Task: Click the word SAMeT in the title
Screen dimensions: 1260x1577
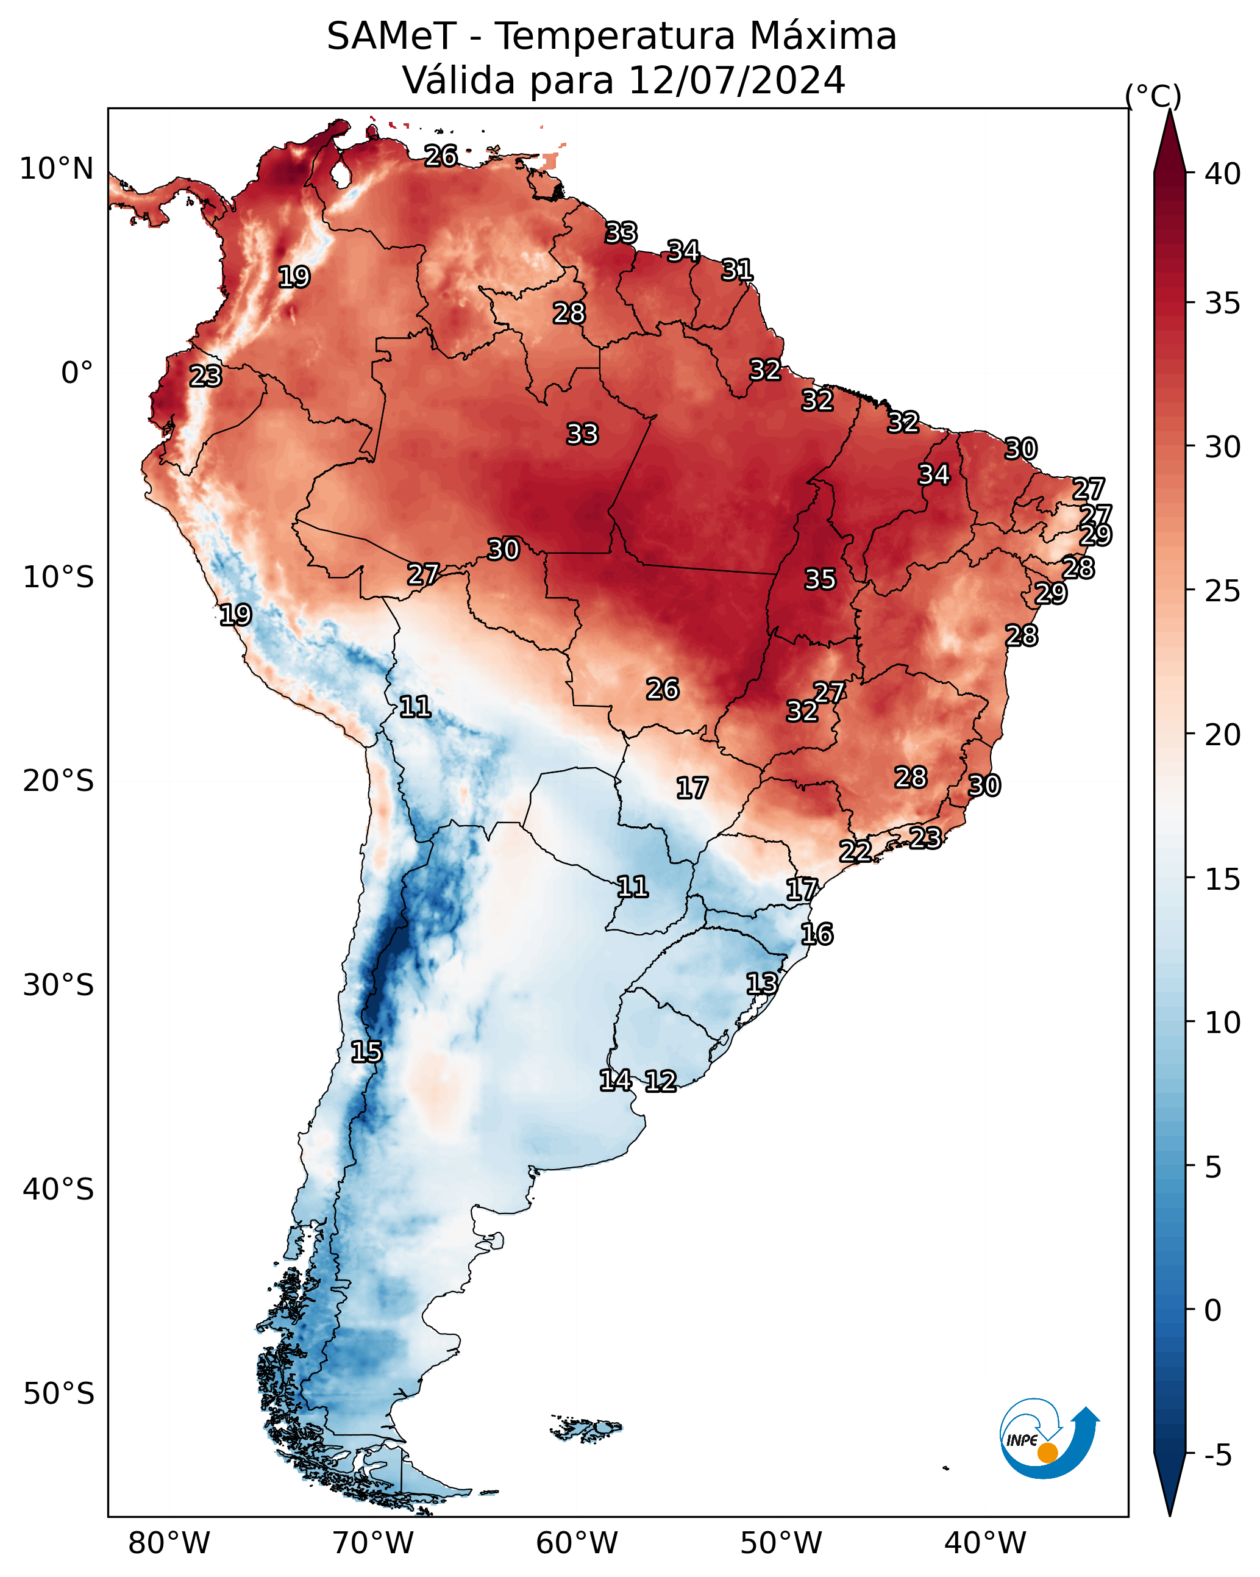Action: tap(391, 37)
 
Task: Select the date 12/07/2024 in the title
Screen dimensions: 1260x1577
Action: tap(737, 80)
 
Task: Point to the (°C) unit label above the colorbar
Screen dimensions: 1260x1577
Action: tap(1153, 96)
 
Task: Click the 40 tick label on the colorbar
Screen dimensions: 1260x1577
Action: tap(1223, 174)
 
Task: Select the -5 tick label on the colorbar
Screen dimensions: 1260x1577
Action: tap(1219, 1456)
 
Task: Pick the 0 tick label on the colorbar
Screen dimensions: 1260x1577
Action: tap(1212, 1311)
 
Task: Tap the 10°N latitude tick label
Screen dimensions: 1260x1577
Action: tap(56, 169)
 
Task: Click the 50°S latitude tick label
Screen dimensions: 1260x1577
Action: tap(59, 1395)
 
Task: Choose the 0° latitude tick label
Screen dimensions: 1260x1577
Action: tap(77, 373)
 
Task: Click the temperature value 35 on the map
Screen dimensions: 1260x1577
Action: tap(820, 579)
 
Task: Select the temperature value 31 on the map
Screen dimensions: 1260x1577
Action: tap(737, 270)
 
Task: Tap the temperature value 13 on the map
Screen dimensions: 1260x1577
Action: tap(761, 983)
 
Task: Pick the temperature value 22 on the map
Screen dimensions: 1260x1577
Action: tap(855, 851)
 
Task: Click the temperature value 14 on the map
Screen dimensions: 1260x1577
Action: tap(615, 1079)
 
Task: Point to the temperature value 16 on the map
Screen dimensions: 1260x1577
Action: tap(816, 934)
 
